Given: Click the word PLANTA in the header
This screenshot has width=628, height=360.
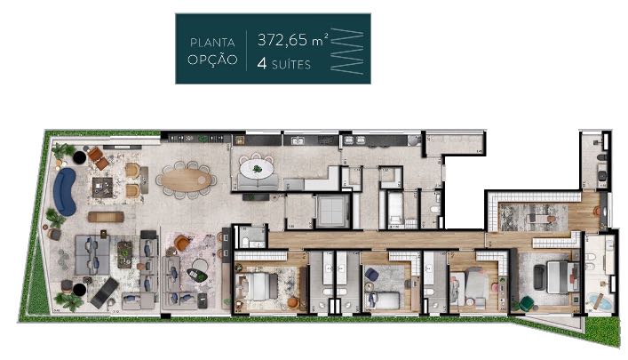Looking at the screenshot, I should tap(213, 41).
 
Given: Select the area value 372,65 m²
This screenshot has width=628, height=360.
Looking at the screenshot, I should tap(289, 41).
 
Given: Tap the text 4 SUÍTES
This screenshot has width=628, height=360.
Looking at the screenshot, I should tap(284, 62).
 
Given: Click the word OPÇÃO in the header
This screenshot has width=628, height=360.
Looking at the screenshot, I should tap(213, 61).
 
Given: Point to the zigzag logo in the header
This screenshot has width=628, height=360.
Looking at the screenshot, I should tap(347, 51).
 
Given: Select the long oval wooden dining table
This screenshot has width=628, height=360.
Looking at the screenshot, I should tap(185, 180).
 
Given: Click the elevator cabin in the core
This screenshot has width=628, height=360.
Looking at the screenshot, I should tap(330, 210).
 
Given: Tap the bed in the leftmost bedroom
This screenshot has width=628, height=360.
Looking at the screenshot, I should tap(260, 286).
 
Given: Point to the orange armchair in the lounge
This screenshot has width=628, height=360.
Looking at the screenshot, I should tap(183, 241).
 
